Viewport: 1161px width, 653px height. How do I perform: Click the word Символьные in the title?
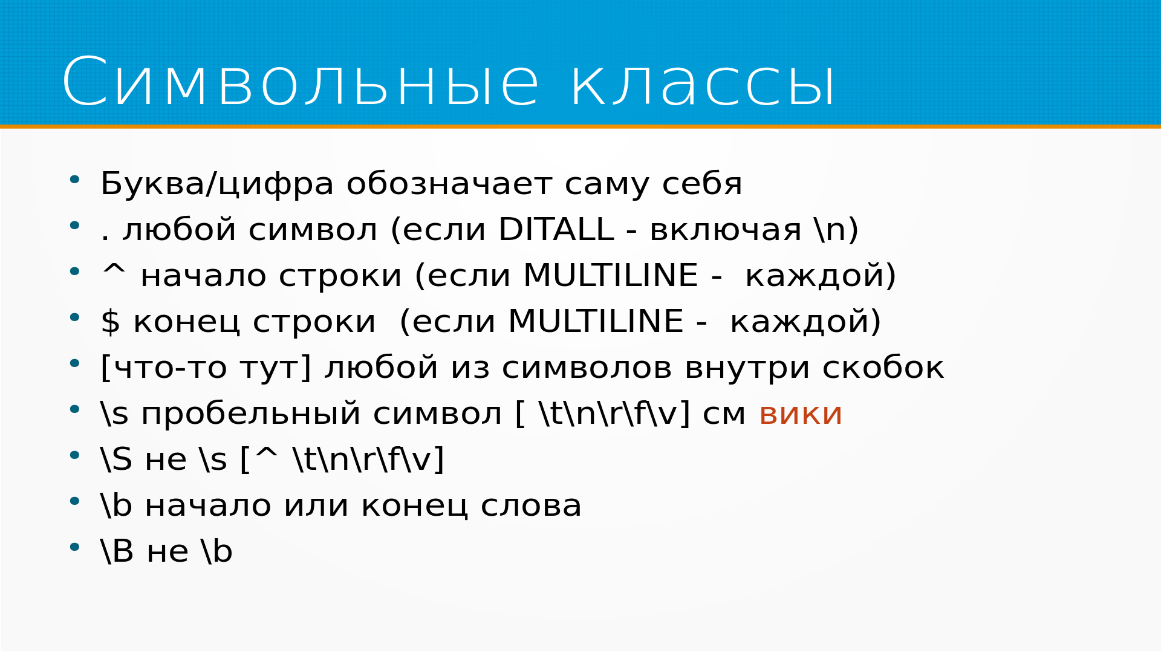tap(300, 82)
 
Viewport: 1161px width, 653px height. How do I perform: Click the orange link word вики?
tap(800, 414)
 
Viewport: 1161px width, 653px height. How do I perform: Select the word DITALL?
tap(556, 229)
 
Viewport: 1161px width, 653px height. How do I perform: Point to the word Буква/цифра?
tap(217, 184)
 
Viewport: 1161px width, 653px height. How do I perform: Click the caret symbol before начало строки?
tap(114, 270)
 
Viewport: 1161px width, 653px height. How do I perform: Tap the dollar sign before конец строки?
tap(110, 321)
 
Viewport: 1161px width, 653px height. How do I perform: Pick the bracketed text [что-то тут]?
tap(206, 368)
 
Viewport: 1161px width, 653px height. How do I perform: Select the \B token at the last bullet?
tap(117, 551)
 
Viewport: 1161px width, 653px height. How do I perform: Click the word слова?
tap(531, 506)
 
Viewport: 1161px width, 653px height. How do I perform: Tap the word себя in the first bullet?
tap(701, 184)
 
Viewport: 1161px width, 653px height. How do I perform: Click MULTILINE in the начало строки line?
tap(611, 275)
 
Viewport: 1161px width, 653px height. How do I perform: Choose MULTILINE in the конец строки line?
tap(596, 321)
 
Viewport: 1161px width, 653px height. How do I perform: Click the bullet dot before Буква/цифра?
tap(74, 180)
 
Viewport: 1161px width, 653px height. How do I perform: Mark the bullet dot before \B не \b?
tap(74, 547)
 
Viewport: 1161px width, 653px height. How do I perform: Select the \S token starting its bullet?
tap(117, 460)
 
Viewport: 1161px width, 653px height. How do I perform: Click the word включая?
tap(726, 230)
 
